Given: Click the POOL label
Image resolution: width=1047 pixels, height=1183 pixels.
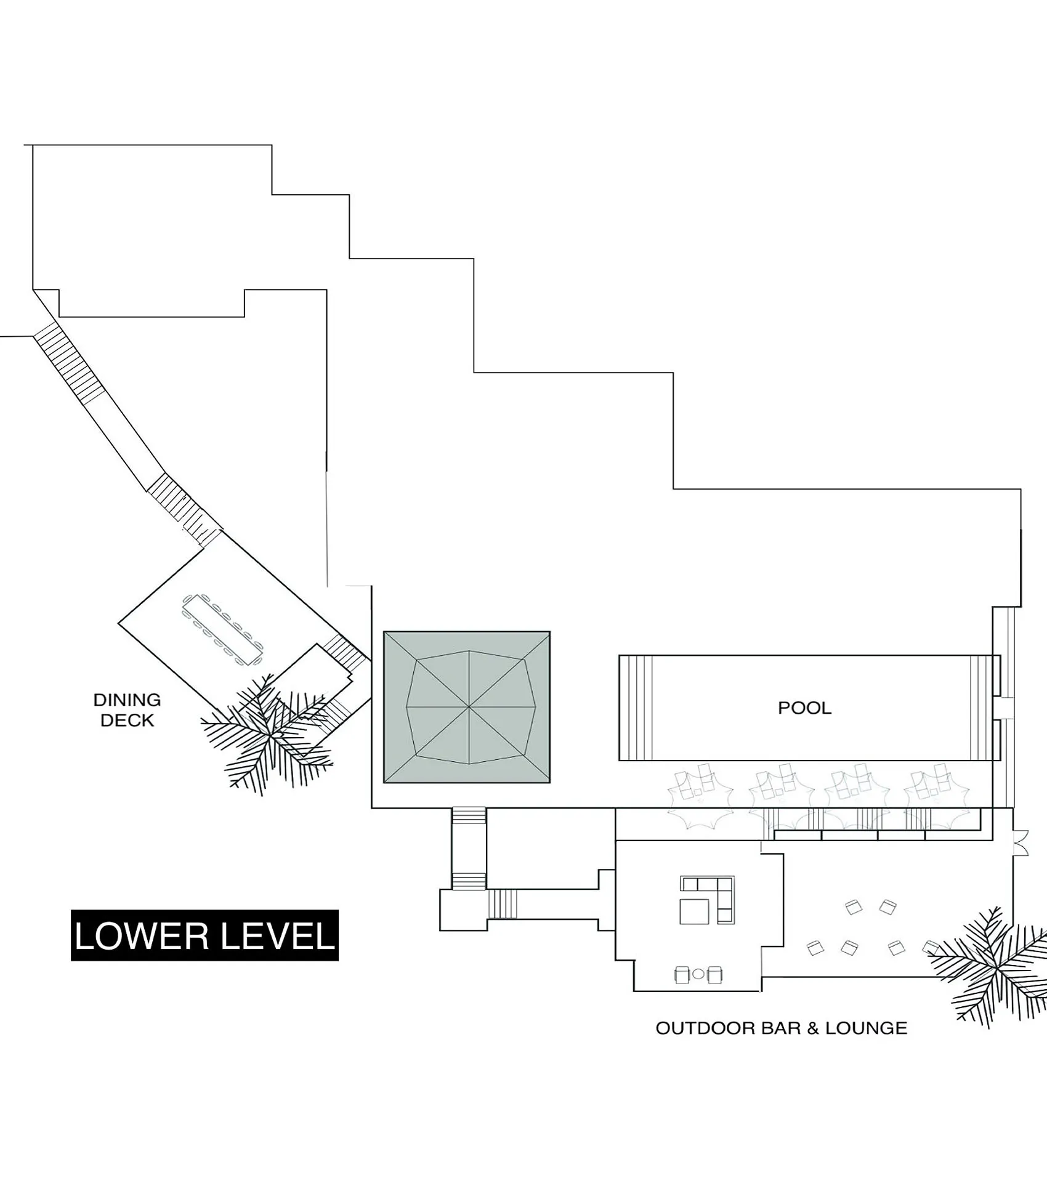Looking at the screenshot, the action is tap(804, 708).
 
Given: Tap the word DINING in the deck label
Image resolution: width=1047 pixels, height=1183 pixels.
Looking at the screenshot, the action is tap(127, 700).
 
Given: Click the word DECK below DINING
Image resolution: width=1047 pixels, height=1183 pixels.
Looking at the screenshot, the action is tap(127, 720).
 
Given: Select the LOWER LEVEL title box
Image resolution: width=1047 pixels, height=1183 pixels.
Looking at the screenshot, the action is tap(204, 935).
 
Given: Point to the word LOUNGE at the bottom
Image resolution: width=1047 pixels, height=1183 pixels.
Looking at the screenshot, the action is tap(866, 1028).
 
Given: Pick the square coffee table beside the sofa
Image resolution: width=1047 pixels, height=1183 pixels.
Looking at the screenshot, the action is tap(694, 911).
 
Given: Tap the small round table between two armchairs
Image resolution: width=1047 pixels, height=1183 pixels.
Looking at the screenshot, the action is tap(698, 974).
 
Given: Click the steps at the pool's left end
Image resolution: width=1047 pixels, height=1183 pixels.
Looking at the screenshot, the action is tap(636, 708).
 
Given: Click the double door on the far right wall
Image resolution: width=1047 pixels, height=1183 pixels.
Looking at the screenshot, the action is tap(1021, 843).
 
